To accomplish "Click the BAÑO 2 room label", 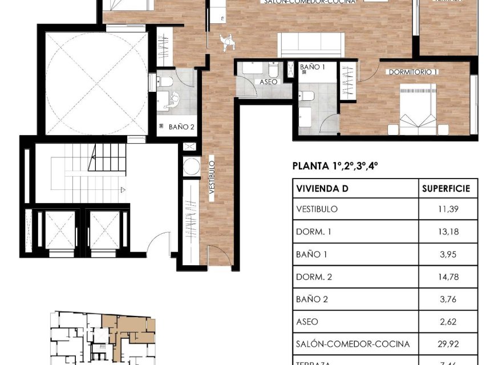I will click(182, 127).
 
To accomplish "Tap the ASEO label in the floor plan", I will click(268, 82).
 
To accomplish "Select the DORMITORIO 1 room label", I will click(412, 72).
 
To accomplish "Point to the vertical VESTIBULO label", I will click(211, 179).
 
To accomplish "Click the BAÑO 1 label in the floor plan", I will click(312, 67).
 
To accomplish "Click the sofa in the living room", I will click(311, 44).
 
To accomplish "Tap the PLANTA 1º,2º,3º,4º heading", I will click(335, 167).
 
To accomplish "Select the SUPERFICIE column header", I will click(446, 189).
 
